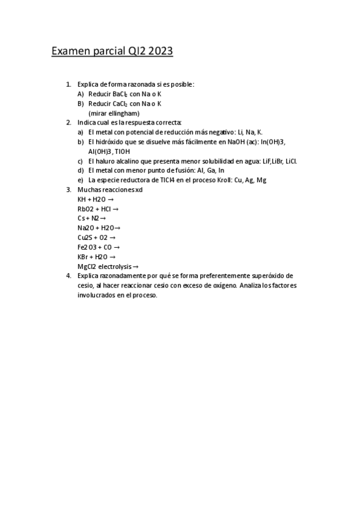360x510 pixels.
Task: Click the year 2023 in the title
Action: pos(158,52)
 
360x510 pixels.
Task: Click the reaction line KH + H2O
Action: pos(96,199)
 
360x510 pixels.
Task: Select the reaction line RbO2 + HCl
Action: pos(97,209)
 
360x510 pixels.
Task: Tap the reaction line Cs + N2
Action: pos(91,218)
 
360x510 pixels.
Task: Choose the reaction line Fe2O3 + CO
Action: pos(99,247)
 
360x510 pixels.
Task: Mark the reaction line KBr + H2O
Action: pos(96,257)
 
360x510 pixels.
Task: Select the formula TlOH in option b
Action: pos(123,152)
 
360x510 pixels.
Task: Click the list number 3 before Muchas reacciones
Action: pos(68,189)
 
